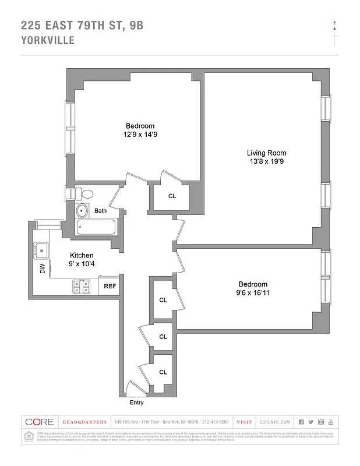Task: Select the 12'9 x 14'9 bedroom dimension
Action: pos(140,135)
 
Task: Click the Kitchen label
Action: pos(82,256)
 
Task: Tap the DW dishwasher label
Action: pos(42,269)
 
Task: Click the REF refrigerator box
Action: pos(110,286)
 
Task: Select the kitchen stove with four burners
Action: pos(81,286)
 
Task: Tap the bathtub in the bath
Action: pos(97,227)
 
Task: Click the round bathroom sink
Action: pos(82,211)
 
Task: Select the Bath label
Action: pos(101,211)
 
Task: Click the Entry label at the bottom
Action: pos(136,403)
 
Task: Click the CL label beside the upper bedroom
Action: pos(172,196)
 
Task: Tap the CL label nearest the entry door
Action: pos(163,372)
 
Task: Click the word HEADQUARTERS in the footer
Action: pos(84,422)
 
